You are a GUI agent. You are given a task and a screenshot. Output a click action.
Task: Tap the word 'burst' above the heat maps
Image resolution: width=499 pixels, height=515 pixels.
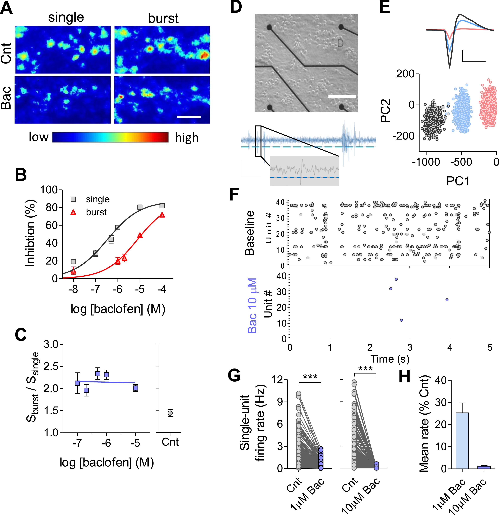pyautogui.click(x=163, y=18)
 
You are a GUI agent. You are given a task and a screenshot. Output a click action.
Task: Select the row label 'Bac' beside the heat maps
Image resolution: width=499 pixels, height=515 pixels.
pyautogui.click(x=6, y=98)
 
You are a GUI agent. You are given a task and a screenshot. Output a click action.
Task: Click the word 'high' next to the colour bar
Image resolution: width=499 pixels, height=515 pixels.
pyautogui.click(x=187, y=137)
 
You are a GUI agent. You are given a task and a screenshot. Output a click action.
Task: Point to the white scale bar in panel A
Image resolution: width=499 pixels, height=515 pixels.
pyautogui.click(x=189, y=117)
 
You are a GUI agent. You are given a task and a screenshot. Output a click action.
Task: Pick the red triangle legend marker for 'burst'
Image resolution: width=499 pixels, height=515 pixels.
pyautogui.click(x=73, y=212)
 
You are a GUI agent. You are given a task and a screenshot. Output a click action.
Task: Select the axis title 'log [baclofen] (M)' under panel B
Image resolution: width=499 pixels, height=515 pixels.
pyautogui.click(x=118, y=309)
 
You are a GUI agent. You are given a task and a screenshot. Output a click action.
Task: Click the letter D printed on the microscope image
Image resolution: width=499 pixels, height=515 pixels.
pyautogui.click(x=340, y=43)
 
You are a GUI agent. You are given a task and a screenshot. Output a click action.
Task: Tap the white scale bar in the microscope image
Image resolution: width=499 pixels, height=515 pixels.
pyautogui.click(x=342, y=96)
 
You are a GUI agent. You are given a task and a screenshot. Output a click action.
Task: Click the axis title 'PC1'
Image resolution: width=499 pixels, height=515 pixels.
pyautogui.click(x=458, y=181)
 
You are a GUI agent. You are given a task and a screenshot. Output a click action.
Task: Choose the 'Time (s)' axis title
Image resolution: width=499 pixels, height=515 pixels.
pyautogui.click(x=390, y=359)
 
